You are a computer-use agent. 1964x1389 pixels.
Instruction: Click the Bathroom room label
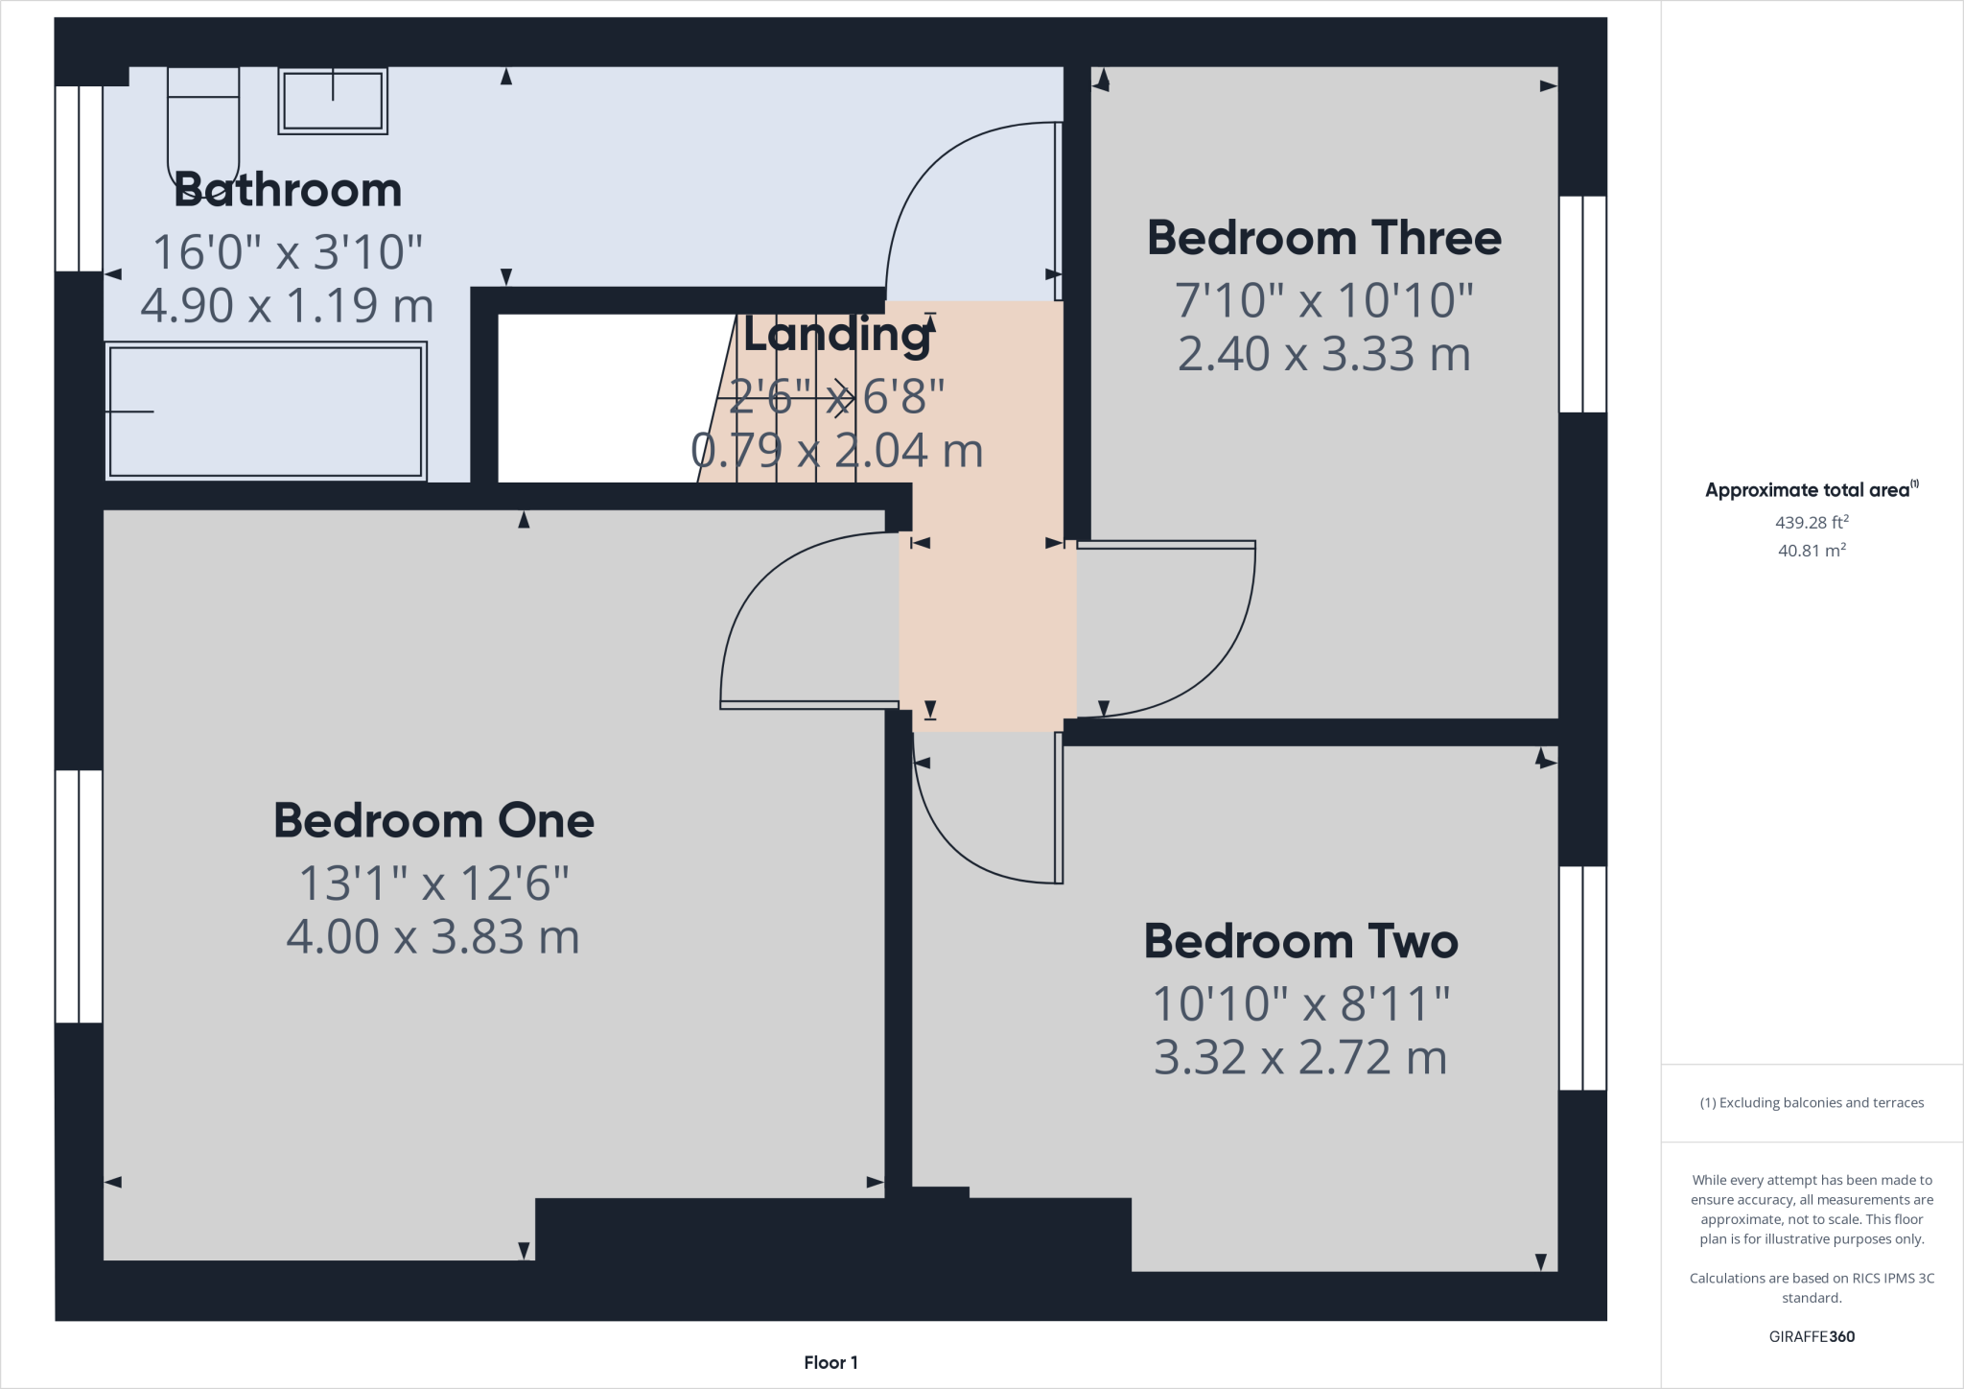287,190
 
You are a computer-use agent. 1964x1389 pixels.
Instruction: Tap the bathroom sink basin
333,101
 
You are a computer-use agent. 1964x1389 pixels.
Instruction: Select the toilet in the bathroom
202,129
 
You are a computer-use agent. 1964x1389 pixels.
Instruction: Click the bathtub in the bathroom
266,412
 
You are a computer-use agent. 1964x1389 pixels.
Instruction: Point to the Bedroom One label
433,821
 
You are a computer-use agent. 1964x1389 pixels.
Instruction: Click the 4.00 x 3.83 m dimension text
433,937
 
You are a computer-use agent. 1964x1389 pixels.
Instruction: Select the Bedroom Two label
1300,942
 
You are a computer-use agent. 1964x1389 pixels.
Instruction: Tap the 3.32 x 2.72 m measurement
1300,1058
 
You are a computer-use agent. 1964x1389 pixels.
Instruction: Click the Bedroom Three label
1323,238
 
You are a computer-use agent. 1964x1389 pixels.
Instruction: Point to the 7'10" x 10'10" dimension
1323,300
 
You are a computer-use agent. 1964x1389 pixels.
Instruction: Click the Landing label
836,335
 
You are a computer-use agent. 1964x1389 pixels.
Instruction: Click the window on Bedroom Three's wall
1582,304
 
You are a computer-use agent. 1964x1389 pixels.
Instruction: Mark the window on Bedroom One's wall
79,896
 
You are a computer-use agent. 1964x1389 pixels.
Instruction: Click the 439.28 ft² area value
1811,523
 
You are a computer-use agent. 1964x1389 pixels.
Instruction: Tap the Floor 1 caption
830,1362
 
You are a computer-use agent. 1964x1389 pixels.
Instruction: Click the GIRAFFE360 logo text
1811,1336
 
